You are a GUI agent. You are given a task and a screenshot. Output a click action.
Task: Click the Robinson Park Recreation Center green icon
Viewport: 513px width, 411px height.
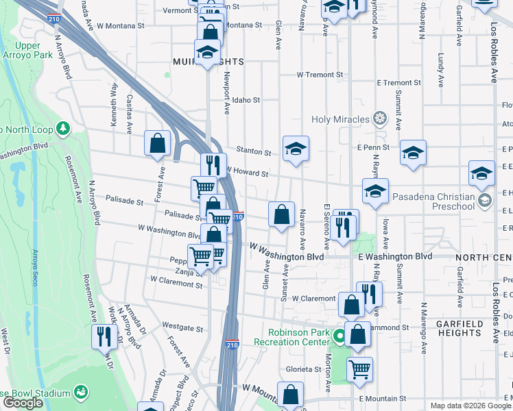338,336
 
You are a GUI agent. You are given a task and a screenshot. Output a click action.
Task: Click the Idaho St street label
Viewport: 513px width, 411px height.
246,100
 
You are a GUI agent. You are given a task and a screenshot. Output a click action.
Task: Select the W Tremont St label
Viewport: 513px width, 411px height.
320,75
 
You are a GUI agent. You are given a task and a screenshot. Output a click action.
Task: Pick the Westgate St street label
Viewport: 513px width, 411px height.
182,329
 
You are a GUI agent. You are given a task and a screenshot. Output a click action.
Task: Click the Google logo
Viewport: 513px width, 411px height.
23,403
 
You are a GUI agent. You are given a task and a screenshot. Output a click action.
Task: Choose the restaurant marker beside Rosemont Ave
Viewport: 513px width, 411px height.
104,336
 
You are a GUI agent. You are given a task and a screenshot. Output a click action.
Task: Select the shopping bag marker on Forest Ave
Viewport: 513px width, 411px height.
158,143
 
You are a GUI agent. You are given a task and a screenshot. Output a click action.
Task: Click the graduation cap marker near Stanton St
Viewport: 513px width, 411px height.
296,149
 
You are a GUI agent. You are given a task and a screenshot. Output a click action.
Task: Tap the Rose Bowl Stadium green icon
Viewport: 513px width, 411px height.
81,393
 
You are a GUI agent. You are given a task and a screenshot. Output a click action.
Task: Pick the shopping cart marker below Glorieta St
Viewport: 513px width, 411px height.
359,369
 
